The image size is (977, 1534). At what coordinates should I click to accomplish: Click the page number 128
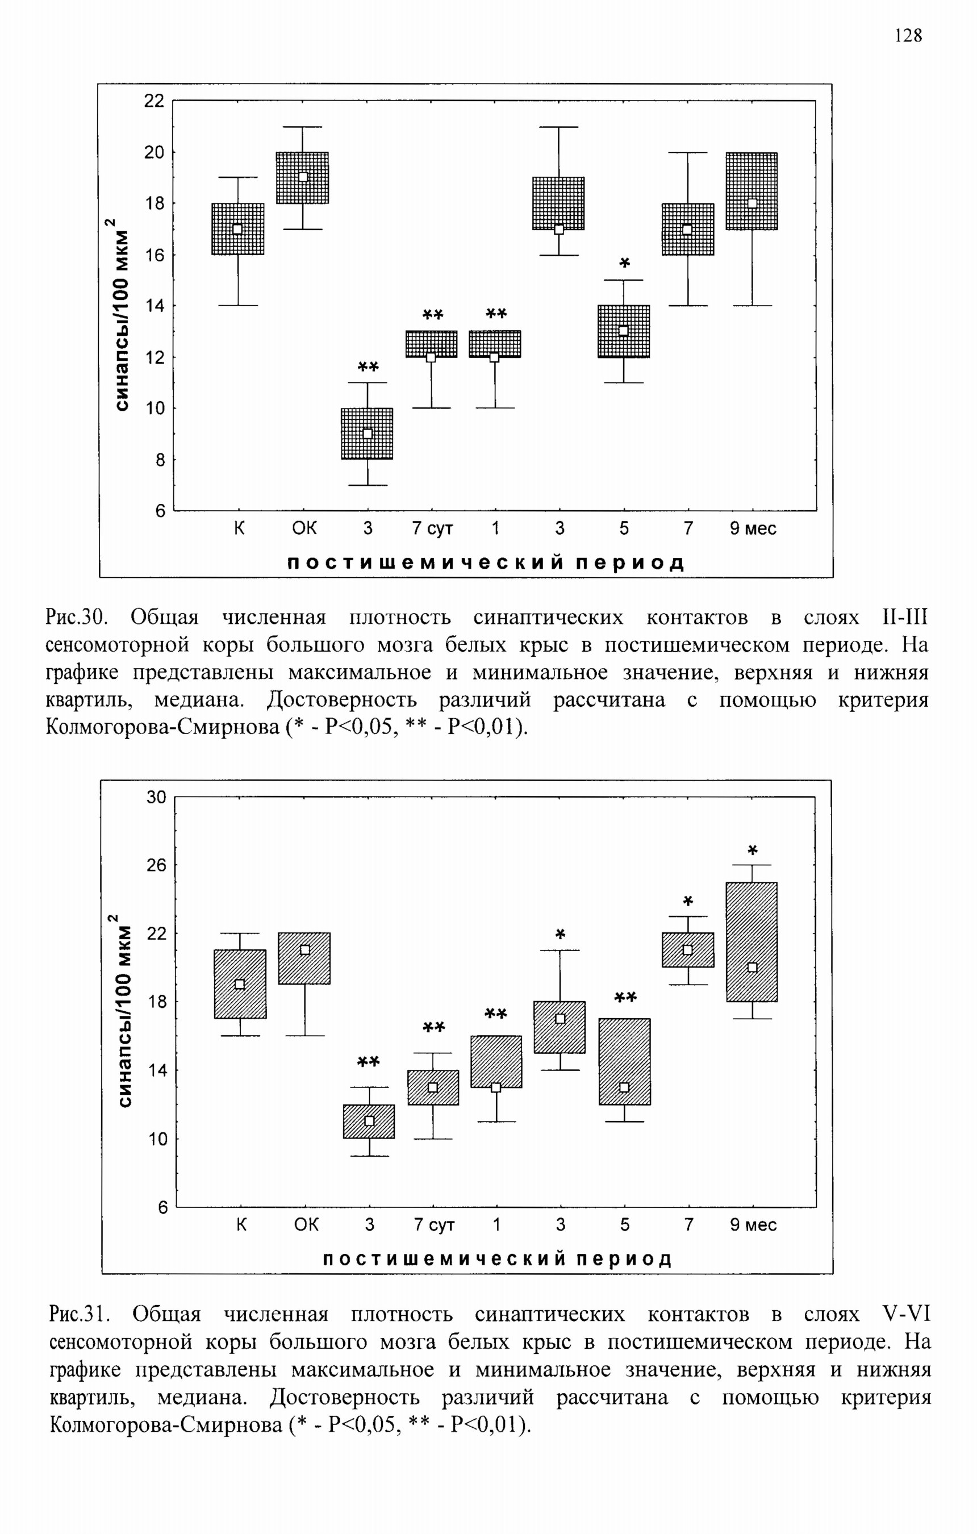(908, 35)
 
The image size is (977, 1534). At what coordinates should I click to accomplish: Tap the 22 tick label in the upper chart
(154, 101)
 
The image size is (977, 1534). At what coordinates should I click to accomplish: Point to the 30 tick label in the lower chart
(156, 798)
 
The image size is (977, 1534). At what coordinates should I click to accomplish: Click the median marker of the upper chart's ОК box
(303, 177)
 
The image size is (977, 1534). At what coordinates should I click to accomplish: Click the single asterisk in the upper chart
(624, 263)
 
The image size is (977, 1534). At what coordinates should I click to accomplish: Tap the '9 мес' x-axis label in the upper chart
(753, 529)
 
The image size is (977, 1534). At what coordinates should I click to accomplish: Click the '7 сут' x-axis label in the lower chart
(435, 1225)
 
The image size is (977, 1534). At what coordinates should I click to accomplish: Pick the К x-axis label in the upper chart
(239, 529)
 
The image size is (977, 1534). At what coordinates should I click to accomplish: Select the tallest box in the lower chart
(752, 941)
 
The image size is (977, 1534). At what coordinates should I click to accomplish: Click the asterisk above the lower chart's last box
(753, 851)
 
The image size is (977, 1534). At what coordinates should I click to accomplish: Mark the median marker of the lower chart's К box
(240, 984)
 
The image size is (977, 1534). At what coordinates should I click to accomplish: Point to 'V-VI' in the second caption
(907, 1314)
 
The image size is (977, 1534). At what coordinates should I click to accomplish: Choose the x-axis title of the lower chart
(498, 1259)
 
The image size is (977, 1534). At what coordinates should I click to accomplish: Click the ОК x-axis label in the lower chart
(306, 1225)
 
